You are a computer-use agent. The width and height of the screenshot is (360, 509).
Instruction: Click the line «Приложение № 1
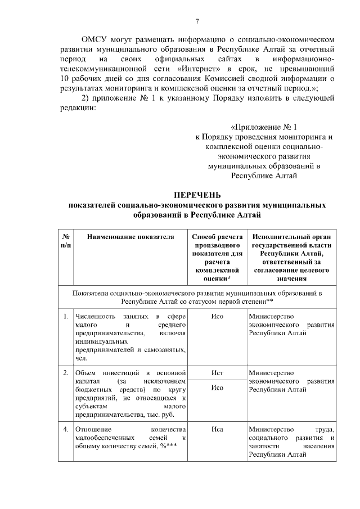[263, 127]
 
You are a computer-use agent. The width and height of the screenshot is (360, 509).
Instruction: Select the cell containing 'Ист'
[217, 373]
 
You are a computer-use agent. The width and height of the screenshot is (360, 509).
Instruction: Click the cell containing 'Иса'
[217, 430]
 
